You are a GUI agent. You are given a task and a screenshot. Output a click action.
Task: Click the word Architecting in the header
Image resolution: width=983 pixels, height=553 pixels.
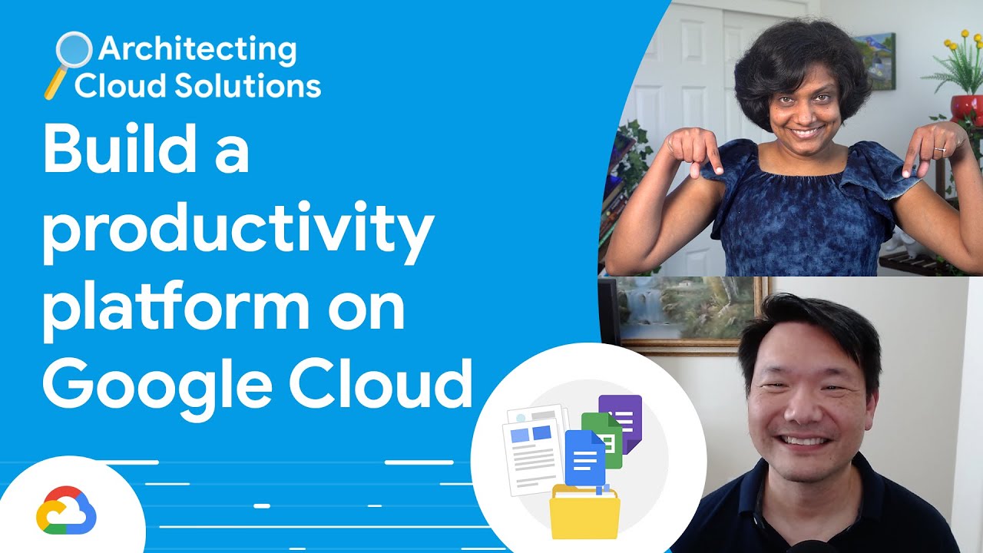point(197,50)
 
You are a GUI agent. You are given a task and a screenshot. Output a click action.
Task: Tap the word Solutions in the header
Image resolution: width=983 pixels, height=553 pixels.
point(250,85)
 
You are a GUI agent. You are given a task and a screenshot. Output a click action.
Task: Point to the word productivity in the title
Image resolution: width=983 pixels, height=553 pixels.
point(238,230)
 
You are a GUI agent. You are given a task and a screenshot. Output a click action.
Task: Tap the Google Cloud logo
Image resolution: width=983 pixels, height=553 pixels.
point(66,510)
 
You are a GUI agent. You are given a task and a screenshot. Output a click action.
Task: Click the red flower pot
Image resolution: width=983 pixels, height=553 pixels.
point(967,108)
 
